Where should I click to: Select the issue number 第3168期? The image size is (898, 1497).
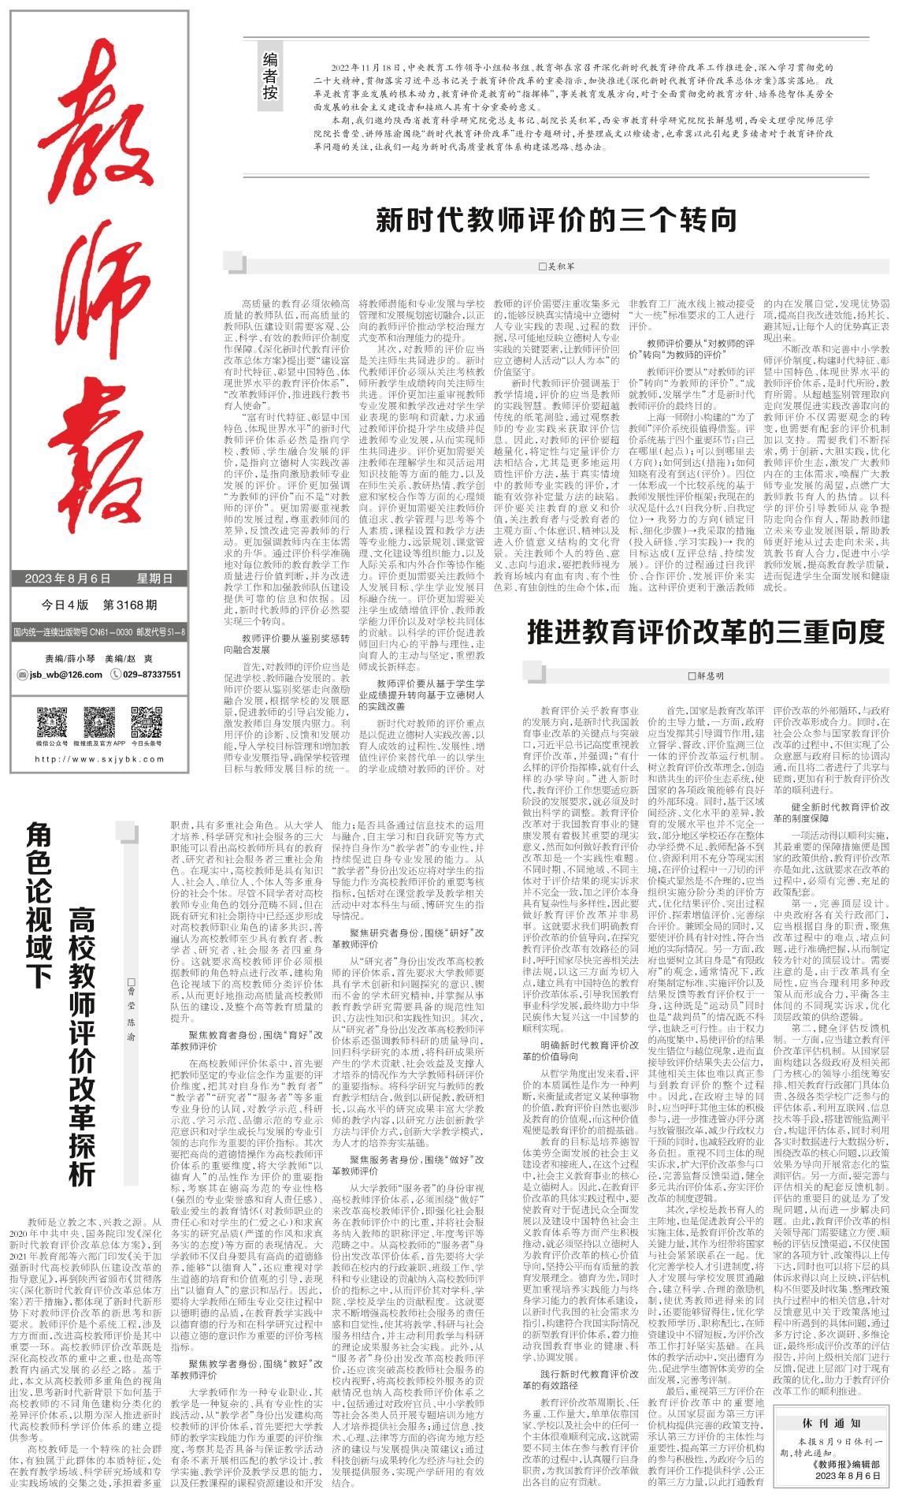coord(130,605)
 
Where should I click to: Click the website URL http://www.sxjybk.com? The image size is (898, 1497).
coord(99,760)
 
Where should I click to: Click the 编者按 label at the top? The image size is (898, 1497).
coord(270,76)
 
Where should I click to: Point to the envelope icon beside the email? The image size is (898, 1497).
coord(21,675)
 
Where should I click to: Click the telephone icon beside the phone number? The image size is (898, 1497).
coord(116,675)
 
